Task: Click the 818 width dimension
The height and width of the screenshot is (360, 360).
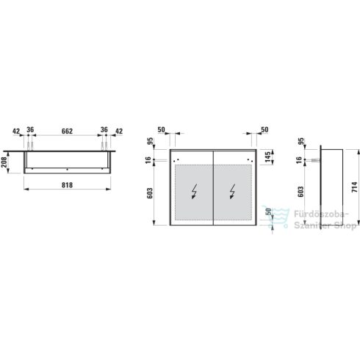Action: tap(67, 185)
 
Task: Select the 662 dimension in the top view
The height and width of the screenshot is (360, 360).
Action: tap(67, 132)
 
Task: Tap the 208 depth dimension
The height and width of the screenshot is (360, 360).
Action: tap(4, 162)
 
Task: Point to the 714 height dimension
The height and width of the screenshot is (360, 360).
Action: tap(355, 187)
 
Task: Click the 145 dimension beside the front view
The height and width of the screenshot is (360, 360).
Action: tap(268, 156)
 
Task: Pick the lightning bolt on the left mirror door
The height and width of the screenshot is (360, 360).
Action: tap(194, 191)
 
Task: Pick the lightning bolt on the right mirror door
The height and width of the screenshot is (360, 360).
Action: tap(232, 191)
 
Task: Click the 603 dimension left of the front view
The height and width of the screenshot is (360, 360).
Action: tap(150, 193)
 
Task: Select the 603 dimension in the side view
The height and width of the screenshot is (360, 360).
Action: tap(300, 192)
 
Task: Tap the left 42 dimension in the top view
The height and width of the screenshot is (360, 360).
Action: tap(16, 132)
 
